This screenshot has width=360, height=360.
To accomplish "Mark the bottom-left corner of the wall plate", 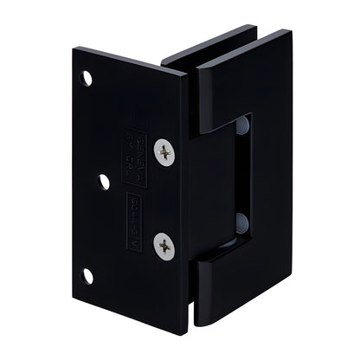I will tap(74, 292).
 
